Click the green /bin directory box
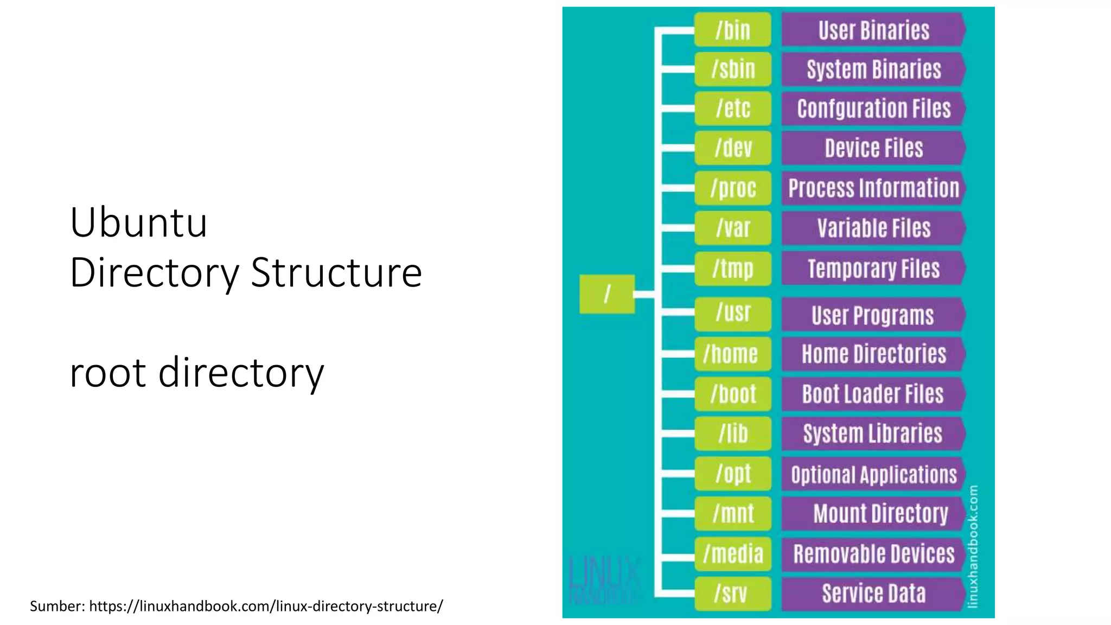pyautogui.click(x=732, y=30)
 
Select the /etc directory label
pyautogui.click(x=732, y=109)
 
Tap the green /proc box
pyautogui.click(x=732, y=188)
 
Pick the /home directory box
pyautogui.click(x=732, y=354)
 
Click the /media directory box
pyautogui.click(x=732, y=554)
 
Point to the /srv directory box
pyautogui.click(x=732, y=594)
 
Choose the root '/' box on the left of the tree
pyautogui.click(x=607, y=294)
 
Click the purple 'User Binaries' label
pyautogui.click(x=873, y=30)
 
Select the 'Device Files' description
pyautogui.click(x=873, y=148)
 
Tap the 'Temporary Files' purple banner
pyautogui.click(x=873, y=269)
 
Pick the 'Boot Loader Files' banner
pyautogui.click(x=873, y=394)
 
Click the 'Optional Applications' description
pyautogui.click(x=873, y=475)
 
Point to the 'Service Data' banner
pyautogui.click(x=873, y=594)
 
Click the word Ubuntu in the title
pyautogui.click(x=139, y=222)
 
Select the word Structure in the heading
pyautogui.click(x=336, y=272)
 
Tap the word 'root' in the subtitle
pyautogui.click(x=108, y=373)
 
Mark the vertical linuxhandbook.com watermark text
pyautogui.click(x=973, y=546)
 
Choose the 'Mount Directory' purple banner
pyautogui.click(x=880, y=514)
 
